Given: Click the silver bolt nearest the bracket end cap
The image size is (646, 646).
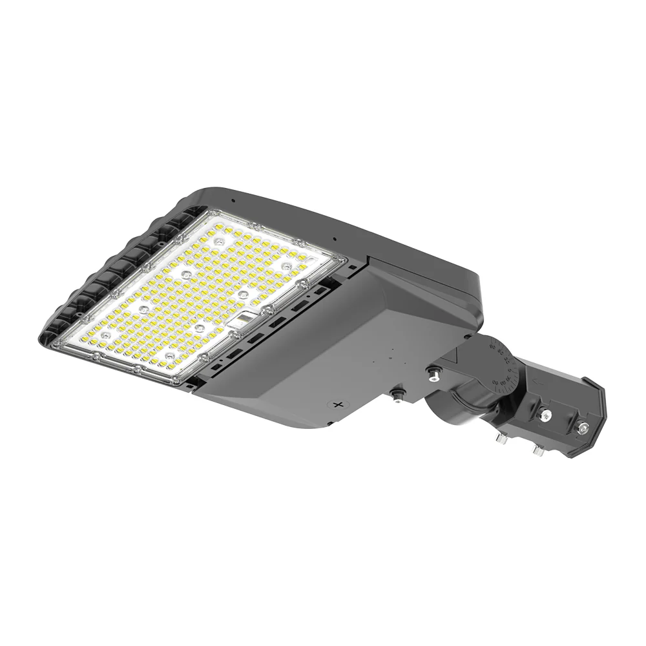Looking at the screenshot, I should (x=583, y=426).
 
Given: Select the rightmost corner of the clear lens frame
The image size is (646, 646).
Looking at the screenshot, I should (x=344, y=261).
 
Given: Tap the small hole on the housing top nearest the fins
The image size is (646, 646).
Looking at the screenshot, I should (x=233, y=201).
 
